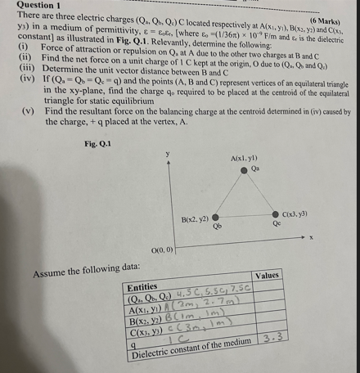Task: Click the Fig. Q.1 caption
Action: (98, 144)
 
